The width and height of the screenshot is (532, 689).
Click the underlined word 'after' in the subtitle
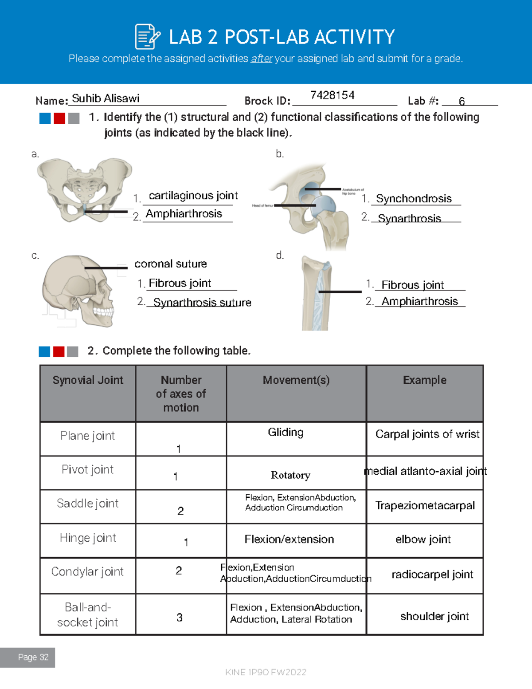click(261, 59)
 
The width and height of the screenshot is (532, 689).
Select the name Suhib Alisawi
click(106, 98)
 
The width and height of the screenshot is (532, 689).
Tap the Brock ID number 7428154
click(332, 95)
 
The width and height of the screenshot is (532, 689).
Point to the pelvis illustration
click(84, 190)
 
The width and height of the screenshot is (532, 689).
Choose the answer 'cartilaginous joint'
click(193, 196)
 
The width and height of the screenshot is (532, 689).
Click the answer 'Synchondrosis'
click(414, 198)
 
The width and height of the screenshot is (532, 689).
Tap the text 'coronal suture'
click(171, 264)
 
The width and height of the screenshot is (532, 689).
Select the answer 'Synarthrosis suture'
click(202, 303)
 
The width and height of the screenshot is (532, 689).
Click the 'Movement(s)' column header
click(296, 380)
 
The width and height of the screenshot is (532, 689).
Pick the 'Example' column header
click(425, 380)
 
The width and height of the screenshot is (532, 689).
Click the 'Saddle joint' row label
click(88, 504)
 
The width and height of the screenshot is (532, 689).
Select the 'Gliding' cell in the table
click(286, 432)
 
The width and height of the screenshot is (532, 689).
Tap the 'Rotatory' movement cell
click(290, 475)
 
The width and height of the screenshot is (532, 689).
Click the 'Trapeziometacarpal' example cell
click(425, 505)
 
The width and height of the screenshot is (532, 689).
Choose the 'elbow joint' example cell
click(423, 539)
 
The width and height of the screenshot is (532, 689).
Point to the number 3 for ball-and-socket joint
click(180, 618)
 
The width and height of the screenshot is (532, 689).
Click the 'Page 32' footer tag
click(33, 657)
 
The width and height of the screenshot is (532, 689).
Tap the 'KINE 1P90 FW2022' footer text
click(266, 672)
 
